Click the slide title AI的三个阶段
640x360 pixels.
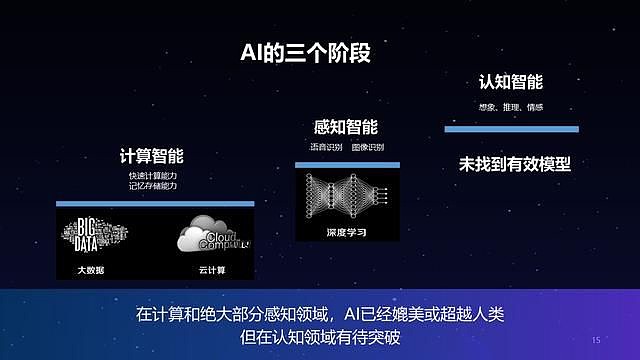click(x=305, y=52)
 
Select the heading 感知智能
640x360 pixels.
click(x=346, y=127)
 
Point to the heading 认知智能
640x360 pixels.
click(x=511, y=82)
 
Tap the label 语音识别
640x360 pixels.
click(x=326, y=147)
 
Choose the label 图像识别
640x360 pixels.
click(x=368, y=147)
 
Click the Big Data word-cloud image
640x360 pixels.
click(x=91, y=237)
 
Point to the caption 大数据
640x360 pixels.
click(x=91, y=270)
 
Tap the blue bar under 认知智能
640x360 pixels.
click(x=511, y=129)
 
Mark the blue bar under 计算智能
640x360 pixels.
click(x=155, y=203)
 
